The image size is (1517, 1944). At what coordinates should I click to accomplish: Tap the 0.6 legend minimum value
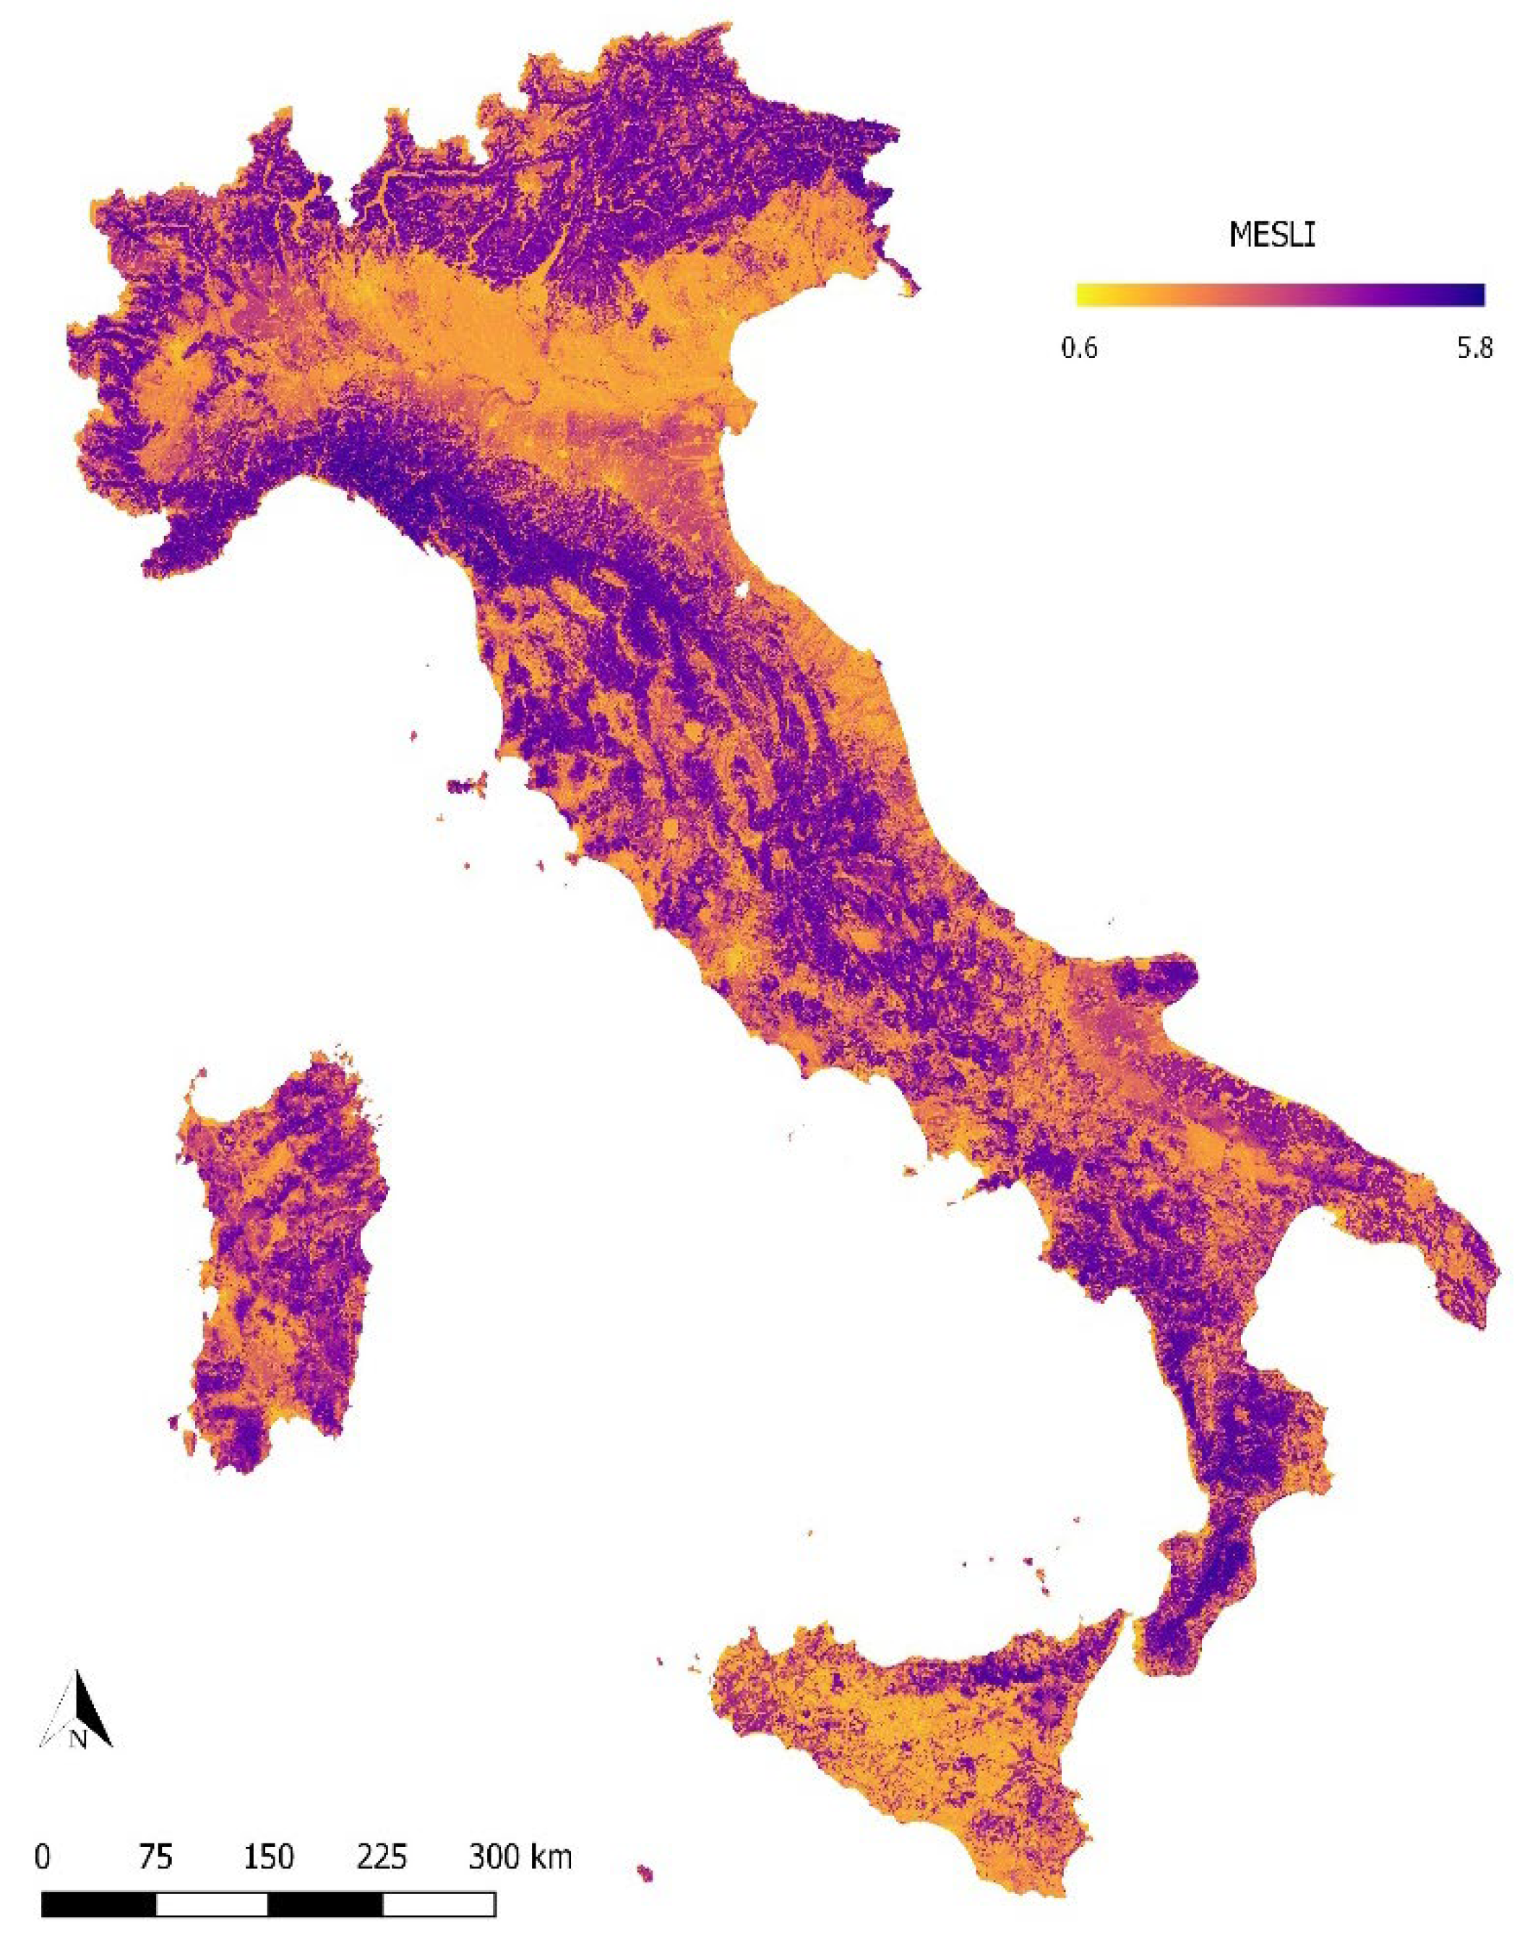point(1078,348)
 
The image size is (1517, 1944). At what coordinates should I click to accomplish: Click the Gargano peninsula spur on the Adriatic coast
point(1156,979)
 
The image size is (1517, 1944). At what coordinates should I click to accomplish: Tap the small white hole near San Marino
point(741,589)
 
